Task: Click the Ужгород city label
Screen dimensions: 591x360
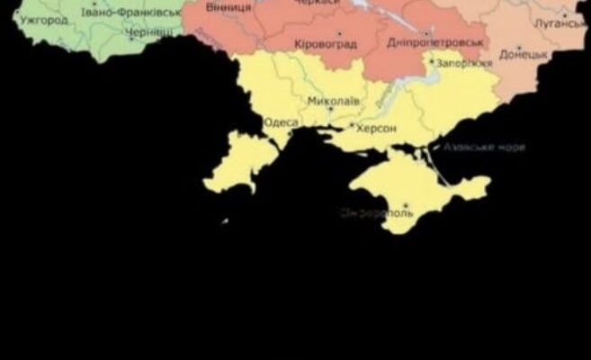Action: coord(44,19)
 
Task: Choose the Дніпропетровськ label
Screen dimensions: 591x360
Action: coord(435,41)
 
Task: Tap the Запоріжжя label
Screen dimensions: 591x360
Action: coord(464,64)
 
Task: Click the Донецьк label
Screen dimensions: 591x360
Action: coord(518,55)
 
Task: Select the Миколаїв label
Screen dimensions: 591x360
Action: coord(333,101)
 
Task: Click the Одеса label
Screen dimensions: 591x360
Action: coord(281,121)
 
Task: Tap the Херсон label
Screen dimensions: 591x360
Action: coord(376,129)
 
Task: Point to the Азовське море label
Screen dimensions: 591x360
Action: coord(483,147)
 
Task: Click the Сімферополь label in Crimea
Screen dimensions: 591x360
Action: coord(378,213)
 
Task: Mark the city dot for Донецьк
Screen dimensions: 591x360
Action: coord(519,48)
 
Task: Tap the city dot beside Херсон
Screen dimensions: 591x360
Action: coord(352,125)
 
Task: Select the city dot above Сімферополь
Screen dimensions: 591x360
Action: coord(406,206)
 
